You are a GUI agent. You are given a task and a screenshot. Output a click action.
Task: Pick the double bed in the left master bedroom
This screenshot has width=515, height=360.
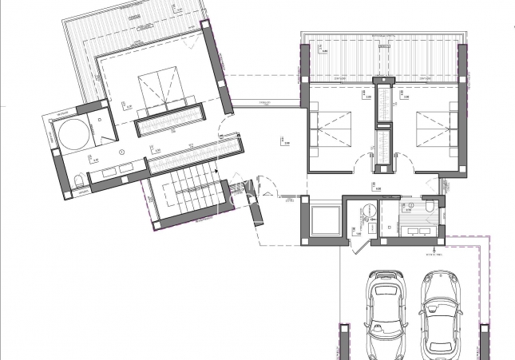click(x=160, y=91)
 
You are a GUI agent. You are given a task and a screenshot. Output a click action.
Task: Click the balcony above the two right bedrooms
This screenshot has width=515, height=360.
click(x=382, y=58)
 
